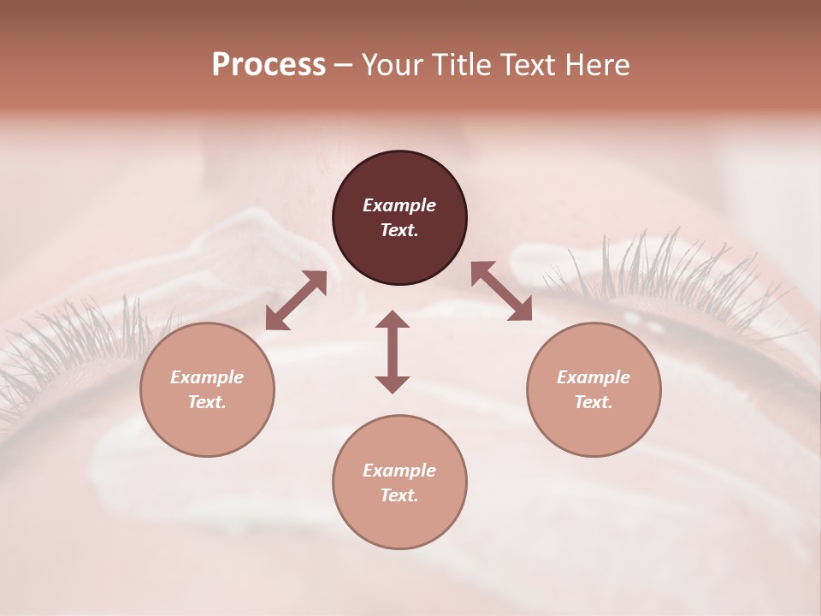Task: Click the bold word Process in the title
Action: tap(269, 65)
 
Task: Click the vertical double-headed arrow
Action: tap(393, 352)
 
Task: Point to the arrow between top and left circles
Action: tap(296, 300)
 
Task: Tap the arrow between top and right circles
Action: tap(501, 291)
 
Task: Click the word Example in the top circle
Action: tap(399, 205)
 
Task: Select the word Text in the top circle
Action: tap(399, 230)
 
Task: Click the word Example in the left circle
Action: tap(207, 377)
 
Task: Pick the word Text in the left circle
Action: tap(207, 402)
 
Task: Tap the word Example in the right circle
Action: tap(594, 377)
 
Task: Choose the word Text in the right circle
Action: tap(594, 402)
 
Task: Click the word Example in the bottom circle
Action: tap(399, 471)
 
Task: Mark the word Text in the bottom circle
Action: tap(399, 495)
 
